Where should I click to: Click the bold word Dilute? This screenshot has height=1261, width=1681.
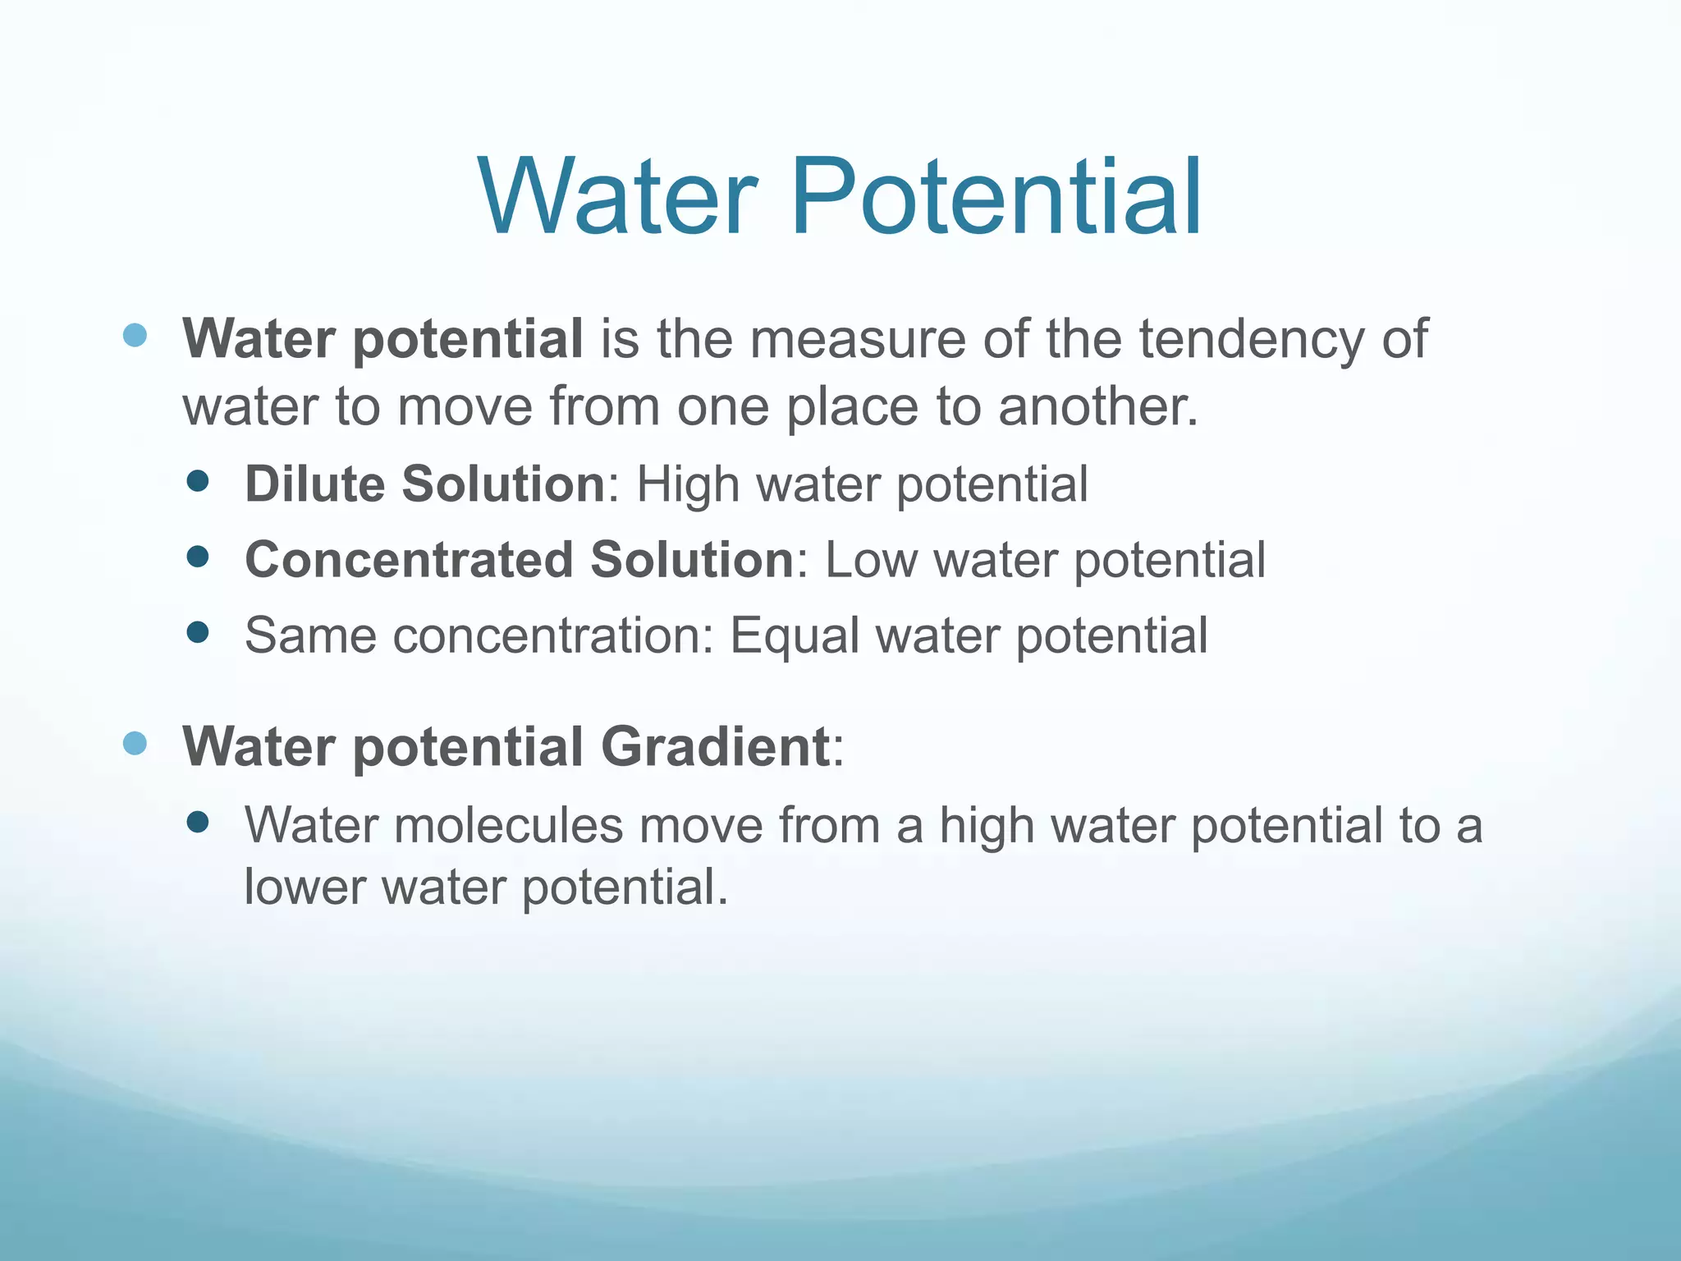tap(314, 484)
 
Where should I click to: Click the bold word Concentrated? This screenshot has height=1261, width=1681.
tap(409, 560)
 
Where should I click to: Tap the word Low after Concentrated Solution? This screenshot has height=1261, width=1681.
tap(871, 560)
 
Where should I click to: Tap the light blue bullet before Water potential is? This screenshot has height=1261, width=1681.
tap(135, 335)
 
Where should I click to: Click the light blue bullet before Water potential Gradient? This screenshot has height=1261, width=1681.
tap(135, 743)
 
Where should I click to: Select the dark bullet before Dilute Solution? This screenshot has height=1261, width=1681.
tap(198, 481)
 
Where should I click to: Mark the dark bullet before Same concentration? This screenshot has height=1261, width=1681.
tap(198, 632)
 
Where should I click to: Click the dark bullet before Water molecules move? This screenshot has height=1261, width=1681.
tap(198, 822)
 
